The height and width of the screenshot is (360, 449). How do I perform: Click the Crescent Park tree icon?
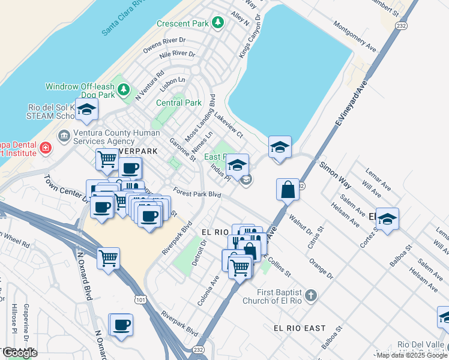[217, 23]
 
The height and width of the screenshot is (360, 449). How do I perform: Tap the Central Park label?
[179, 103]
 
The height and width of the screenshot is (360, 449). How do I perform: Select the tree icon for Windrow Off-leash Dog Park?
[124, 90]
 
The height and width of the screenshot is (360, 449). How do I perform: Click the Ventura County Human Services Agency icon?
[63, 133]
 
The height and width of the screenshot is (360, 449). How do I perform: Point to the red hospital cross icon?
[45, 148]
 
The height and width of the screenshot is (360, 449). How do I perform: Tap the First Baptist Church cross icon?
[310, 295]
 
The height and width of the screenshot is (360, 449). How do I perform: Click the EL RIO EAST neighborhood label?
[300, 328]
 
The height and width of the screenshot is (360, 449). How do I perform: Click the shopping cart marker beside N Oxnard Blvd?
[108, 259]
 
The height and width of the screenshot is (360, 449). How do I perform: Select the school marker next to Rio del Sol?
[86, 110]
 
